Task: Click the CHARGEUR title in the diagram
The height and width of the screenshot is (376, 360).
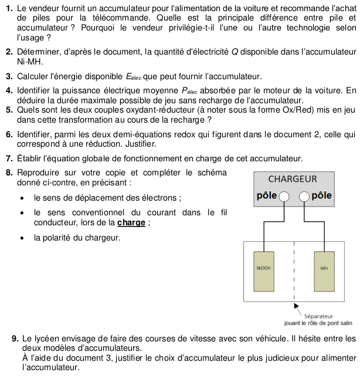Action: click(x=293, y=179)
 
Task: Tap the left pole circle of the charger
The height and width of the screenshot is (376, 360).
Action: click(x=283, y=196)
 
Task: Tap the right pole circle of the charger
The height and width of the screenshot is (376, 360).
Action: click(x=304, y=196)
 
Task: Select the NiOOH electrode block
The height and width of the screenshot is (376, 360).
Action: click(x=264, y=272)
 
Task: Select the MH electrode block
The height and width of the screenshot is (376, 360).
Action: click(x=324, y=272)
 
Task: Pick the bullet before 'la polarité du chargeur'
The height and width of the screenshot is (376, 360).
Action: click(x=22, y=238)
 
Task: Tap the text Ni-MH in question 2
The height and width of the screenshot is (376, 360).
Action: click(x=30, y=61)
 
